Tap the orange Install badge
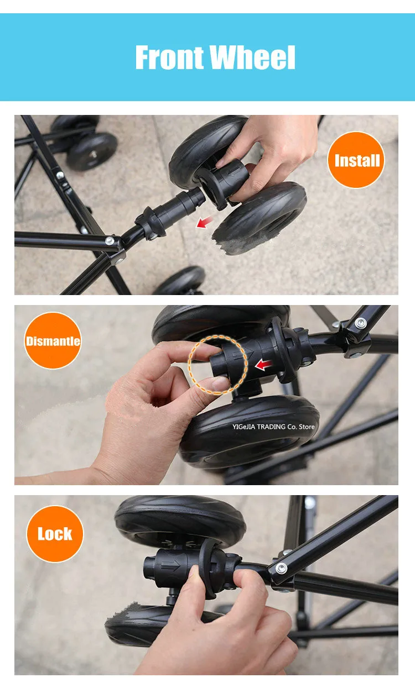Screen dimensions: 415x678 tap(356, 160)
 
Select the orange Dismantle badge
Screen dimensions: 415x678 tap(53, 340)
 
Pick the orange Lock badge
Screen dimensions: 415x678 tap(55, 534)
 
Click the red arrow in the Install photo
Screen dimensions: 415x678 tap(204, 222)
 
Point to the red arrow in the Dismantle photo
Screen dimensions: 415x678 tap(263, 365)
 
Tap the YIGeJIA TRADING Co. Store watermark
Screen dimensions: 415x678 tap(273, 427)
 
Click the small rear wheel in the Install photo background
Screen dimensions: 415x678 tap(91, 151)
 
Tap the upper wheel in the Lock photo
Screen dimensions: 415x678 tap(180, 522)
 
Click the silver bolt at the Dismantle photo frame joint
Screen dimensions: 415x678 tap(360, 323)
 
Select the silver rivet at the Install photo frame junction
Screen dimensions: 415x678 tap(110, 241)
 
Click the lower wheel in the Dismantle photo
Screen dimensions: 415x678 tap(249, 432)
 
